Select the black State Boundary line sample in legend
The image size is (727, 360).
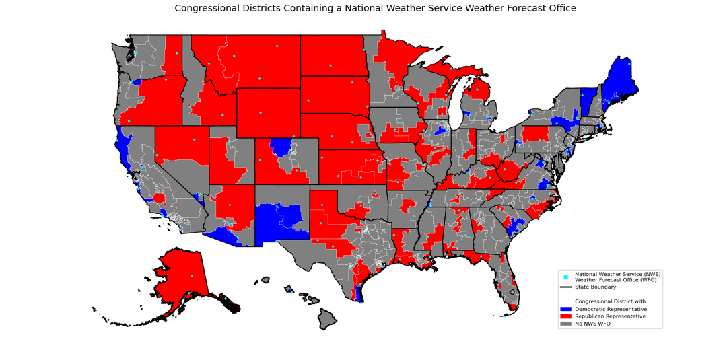pos(565,287)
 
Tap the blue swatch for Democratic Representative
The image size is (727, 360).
pos(565,308)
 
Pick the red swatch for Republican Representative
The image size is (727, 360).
pos(565,316)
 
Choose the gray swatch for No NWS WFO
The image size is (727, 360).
pos(565,324)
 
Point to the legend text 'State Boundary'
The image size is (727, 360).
pos(595,287)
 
